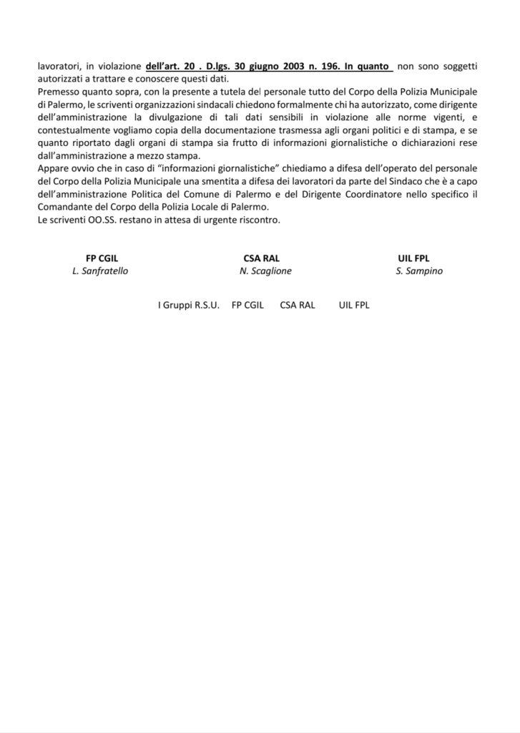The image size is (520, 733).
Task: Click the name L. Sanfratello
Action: pyautogui.click(x=100, y=271)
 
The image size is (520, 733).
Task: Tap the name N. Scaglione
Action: pyautogui.click(x=265, y=271)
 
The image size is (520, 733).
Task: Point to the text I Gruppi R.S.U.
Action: pyautogui.click(x=189, y=305)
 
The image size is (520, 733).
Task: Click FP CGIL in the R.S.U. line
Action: pyautogui.click(x=247, y=305)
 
